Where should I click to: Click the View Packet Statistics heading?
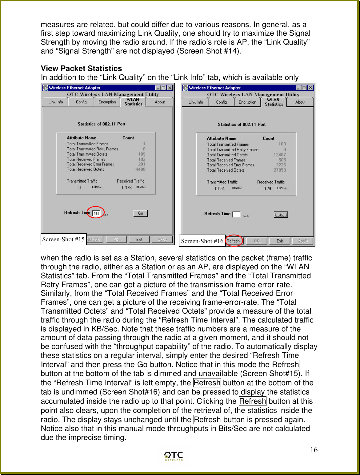[81, 68]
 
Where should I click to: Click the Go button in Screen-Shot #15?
[140, 213]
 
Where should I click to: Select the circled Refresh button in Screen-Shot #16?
[234, 241]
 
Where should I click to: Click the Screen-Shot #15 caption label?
[63, 239]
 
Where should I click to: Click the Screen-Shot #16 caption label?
[202, 241]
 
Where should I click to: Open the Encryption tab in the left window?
[107, 102]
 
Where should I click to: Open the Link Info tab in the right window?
[196, 102]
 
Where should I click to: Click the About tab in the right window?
[300, 102]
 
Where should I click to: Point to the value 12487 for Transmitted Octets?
[280, 155]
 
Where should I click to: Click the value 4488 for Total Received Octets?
[141, 169]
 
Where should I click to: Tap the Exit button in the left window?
[139, 239]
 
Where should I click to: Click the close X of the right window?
[310, 88]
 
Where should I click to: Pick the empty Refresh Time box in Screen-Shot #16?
[236, 215]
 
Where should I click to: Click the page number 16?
[314, 450]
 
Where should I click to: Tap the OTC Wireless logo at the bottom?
[174, 456]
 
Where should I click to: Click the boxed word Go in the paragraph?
[142, 365]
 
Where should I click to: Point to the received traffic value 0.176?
[127, 188]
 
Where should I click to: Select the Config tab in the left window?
[81, 102]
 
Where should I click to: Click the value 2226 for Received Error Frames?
[281, 165]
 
